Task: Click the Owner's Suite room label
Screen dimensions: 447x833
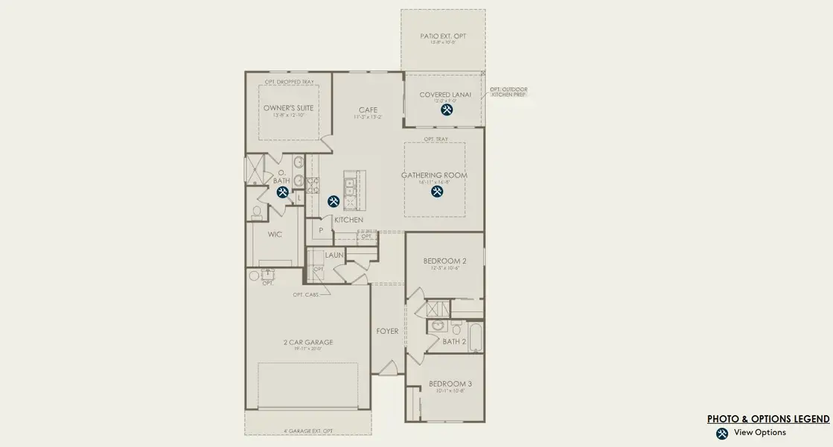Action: click(x=288, y=108)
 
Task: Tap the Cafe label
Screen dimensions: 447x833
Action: click(x=368, y=110)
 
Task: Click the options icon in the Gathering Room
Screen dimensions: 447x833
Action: click(x=437, y=191)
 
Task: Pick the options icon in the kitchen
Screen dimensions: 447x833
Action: click(x=333, y=201)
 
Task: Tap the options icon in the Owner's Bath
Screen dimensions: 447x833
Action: click(x=283, y=192)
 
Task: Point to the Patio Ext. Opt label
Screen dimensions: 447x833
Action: click(x=443, y=36)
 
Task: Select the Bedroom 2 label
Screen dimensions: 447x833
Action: click(x=444, y=261)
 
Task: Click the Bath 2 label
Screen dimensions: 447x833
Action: click(x=453, y=342)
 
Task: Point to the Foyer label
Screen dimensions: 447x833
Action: click(x=387, y=331)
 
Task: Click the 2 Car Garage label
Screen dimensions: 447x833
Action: click(x=307, y=343)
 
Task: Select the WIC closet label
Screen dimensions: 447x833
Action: click(x=274, y=234)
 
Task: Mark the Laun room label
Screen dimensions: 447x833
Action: click(x=333, y=256)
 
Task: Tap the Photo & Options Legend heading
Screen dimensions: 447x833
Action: click(x=768, y=419)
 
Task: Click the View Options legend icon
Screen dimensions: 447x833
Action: click(x=721, y=434)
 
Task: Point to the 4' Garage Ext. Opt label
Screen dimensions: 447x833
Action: click(x=307, y=431)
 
